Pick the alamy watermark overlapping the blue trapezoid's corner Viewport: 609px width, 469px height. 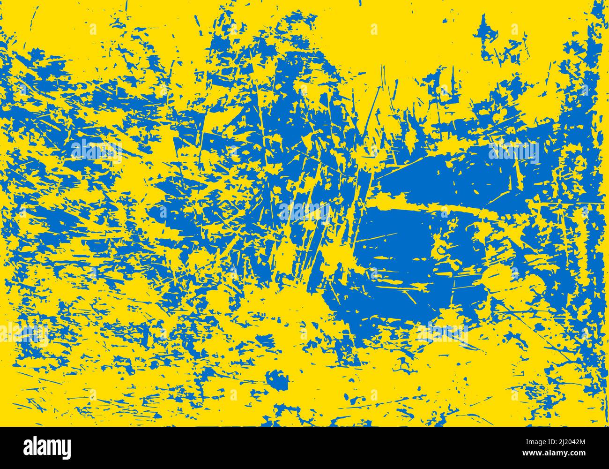(513, 152)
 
